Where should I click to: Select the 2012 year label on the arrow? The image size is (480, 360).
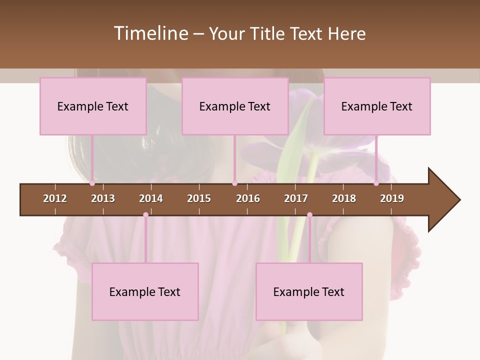(x=55, y=198)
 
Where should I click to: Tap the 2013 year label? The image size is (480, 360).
(x=103, y=198)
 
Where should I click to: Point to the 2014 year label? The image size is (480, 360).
(x=151, y=198)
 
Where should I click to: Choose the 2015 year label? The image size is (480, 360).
(x=199, y=198)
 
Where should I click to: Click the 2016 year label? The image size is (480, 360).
(x=248, y=198)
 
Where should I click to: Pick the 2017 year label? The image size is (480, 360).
(x=296, y=198)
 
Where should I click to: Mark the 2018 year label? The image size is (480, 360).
(x=344, y=198)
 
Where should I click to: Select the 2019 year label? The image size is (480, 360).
(x=392, y=198)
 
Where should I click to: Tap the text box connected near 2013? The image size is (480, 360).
(x=93, y=106)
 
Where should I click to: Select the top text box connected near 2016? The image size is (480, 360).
(x=235, y=106)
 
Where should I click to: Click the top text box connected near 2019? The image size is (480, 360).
(x=377, y=106)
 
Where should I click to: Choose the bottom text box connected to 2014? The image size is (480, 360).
(x=145, y=291)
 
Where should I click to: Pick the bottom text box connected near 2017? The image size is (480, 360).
(x=309, y=291)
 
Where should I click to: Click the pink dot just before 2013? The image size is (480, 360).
(x=92, y=183)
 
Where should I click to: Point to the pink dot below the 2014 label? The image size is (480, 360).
(x=145, y=215)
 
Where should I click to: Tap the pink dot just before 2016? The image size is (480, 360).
(x=234, y=183)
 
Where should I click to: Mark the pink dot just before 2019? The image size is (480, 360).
(x=376, y=183)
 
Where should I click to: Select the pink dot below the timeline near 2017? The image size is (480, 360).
(x=309, y=215)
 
